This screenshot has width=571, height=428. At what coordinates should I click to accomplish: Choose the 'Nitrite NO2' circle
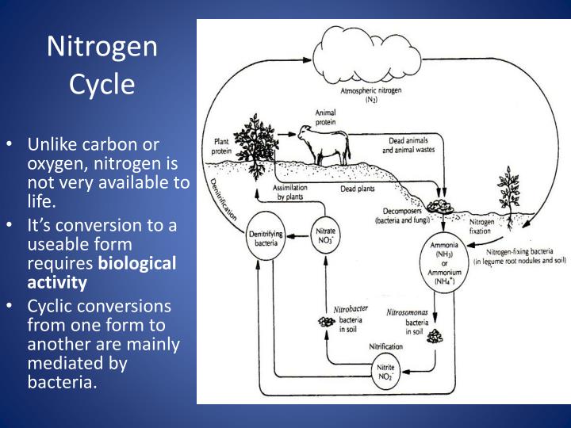click(389, 373)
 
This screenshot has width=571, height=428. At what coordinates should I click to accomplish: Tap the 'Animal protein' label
click(325, 117)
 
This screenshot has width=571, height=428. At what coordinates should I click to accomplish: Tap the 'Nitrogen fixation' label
click(481, 227)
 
